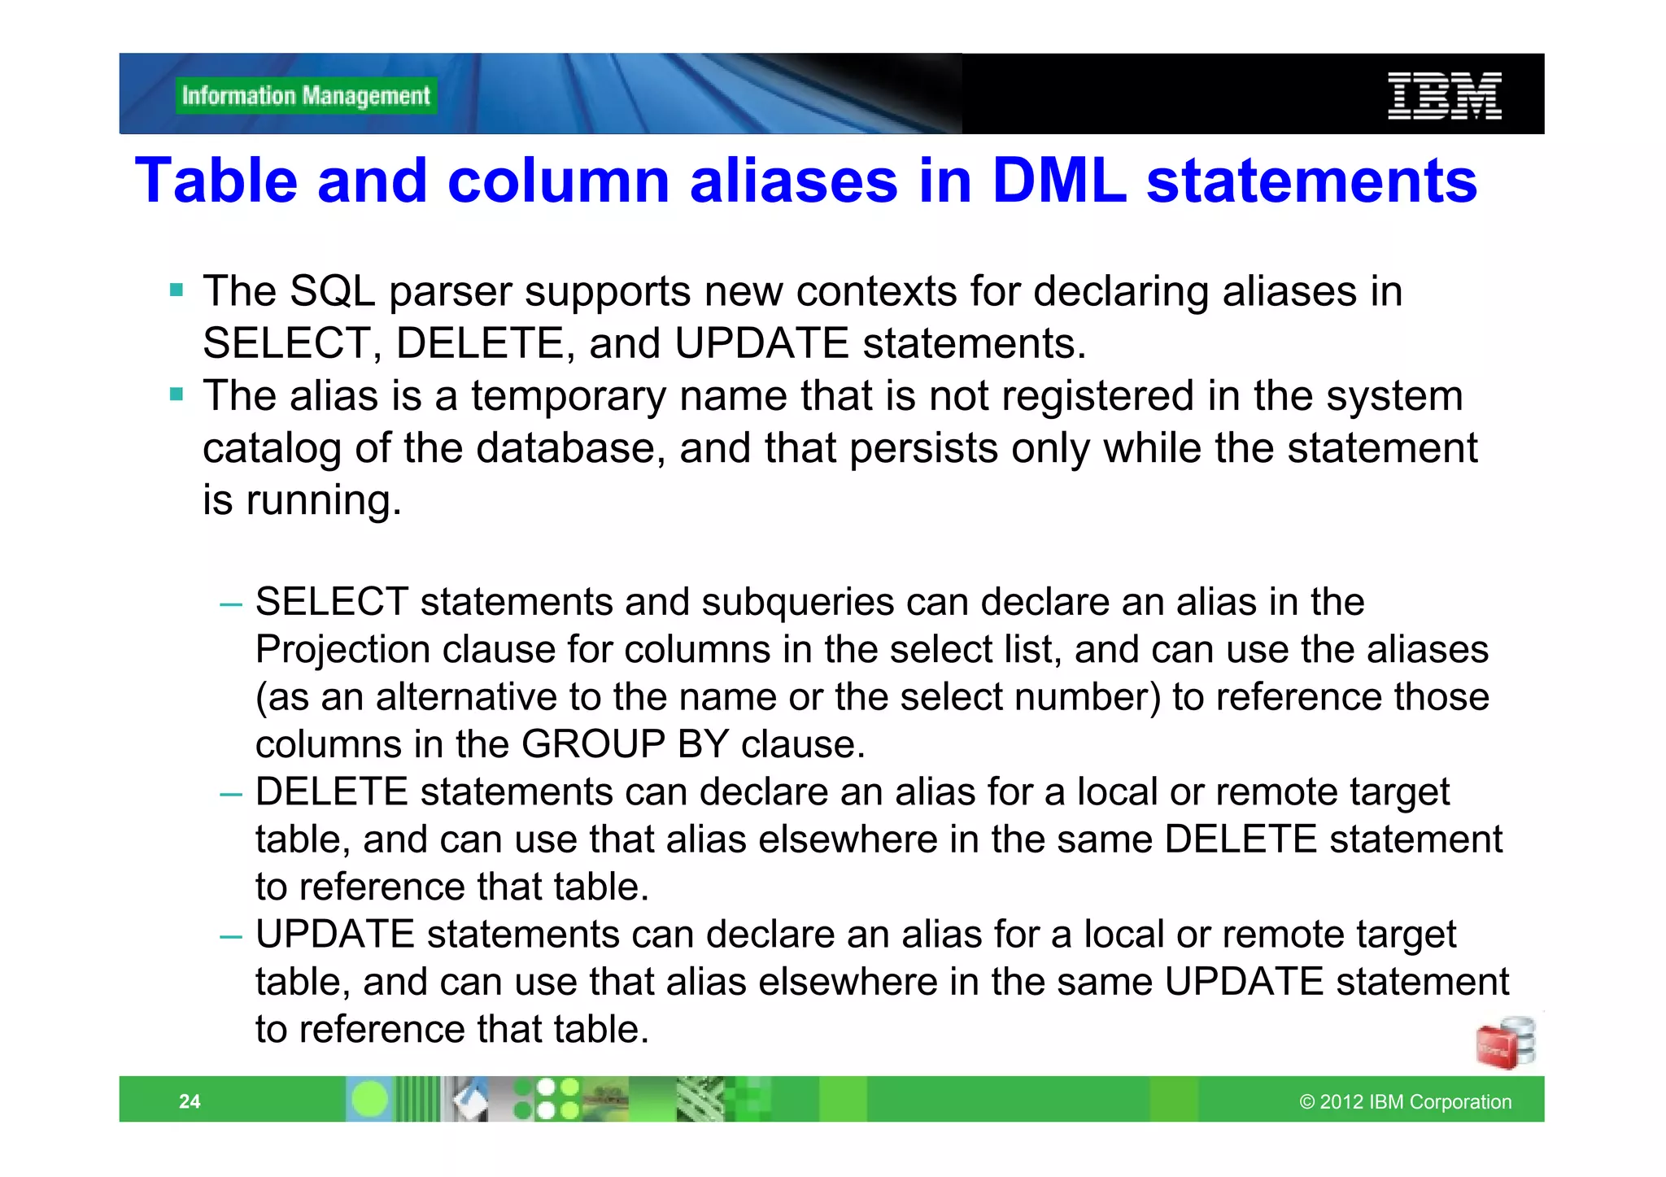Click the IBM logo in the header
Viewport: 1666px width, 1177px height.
click(1444, 96)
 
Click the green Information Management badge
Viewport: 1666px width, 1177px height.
click(306, 96)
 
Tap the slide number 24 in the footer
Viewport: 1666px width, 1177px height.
click(190, 1101)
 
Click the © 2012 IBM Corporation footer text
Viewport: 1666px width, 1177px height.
click(1405, 1101)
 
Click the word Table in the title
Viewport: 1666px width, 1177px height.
click(216, 181)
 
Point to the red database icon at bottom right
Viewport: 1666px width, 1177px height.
click(1504, 1044)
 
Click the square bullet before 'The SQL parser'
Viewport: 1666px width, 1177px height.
click(177, 290)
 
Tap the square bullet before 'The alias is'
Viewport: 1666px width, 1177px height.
click(177, 395)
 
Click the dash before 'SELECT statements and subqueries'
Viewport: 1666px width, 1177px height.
click(231, 604)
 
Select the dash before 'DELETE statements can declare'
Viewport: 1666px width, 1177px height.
click(231, 794)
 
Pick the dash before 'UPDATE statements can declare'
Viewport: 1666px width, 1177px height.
click(231, 936)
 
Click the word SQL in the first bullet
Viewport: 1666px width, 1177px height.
click(332, 291)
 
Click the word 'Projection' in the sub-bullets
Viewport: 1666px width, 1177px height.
click(342, 650)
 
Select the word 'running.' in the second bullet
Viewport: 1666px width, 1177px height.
click(324, 501)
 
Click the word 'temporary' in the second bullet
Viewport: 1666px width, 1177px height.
click(568, 397)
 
